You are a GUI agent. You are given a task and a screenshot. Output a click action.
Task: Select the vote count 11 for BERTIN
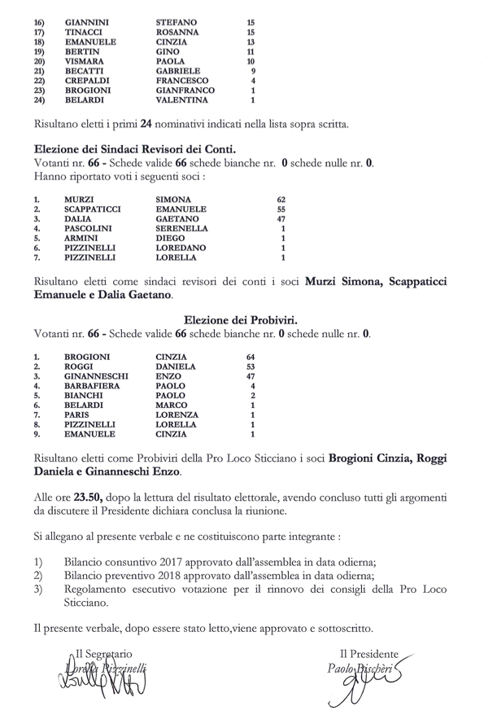click(x=251, y=51)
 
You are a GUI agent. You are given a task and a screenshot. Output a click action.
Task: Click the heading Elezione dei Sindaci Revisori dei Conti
click(x=135, y=149)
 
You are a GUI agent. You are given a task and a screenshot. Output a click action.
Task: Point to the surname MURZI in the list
click(x=79, y=200)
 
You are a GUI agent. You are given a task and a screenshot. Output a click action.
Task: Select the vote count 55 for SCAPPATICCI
click(x=281, y=209)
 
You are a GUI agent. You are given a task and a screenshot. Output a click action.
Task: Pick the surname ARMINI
click(x=82, y=239)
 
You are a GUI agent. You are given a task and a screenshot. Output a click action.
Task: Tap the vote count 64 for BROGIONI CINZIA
click(x=251, y=357)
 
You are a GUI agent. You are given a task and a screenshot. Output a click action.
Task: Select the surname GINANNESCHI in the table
click(x=96, y=376)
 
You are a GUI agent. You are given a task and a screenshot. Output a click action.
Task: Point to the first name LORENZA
click(x=177, y=415)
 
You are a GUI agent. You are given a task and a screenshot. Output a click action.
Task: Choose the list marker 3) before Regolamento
click(x=38, y=588)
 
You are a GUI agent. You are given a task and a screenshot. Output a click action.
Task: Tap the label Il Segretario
click(x=105, y=654)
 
